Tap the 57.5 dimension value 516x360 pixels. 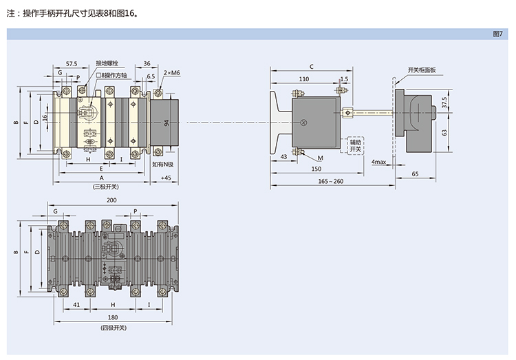point(71,63)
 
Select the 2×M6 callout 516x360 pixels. point(172,72)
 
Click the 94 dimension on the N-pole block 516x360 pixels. point(166,123)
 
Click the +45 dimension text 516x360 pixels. point(165,178)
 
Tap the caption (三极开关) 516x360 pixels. point(106,187)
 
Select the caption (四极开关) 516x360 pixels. point(112,327)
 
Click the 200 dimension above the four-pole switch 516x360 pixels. point(111,200)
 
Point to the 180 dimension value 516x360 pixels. point(112,317)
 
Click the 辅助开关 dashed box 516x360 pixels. point(355,145)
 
